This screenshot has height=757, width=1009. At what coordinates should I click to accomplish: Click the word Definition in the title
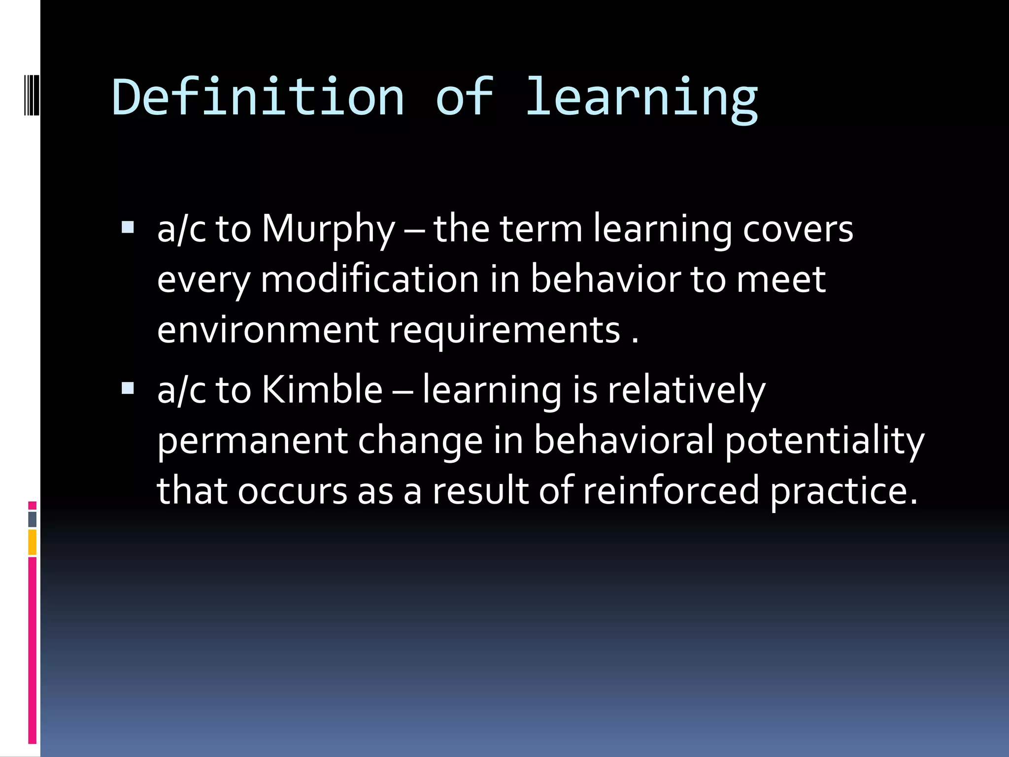(258, 97)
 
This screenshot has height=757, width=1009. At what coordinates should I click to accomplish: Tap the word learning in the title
(641, 99)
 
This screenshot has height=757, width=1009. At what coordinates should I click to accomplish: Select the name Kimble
(322, 390)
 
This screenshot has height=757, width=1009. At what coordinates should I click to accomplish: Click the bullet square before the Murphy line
(128, 227)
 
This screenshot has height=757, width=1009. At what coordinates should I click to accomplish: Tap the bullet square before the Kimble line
(128, 388)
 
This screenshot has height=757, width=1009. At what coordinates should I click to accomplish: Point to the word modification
(370, 279)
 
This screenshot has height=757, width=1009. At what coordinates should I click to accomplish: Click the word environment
(268, 330)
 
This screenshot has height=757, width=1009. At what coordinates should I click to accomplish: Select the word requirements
(504, 331)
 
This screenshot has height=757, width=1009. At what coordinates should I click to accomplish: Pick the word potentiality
(824, 441)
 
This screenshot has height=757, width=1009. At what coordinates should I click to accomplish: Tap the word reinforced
(671, 491)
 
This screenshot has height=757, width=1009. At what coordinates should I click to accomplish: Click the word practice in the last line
(843, 491)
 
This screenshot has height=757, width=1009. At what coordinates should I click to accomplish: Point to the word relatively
(686, 390)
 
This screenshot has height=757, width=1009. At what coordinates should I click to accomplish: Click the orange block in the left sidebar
(33, 542)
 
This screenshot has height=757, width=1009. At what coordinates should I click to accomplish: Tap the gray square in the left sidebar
(33, 519)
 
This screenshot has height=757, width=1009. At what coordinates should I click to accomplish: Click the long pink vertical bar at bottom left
(33, 651)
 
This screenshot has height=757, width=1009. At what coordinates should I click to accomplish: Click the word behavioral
(624, 441)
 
